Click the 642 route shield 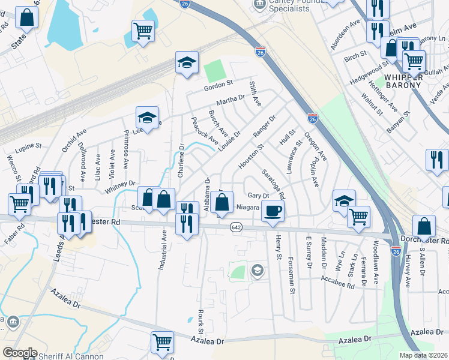click(236, 227)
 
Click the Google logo click(20, 353)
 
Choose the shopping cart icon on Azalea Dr click(162, 342)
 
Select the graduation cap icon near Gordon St click(187, 62)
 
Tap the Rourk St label click(201, 323)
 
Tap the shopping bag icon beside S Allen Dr click(424, 227)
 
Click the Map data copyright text click(424, 355)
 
